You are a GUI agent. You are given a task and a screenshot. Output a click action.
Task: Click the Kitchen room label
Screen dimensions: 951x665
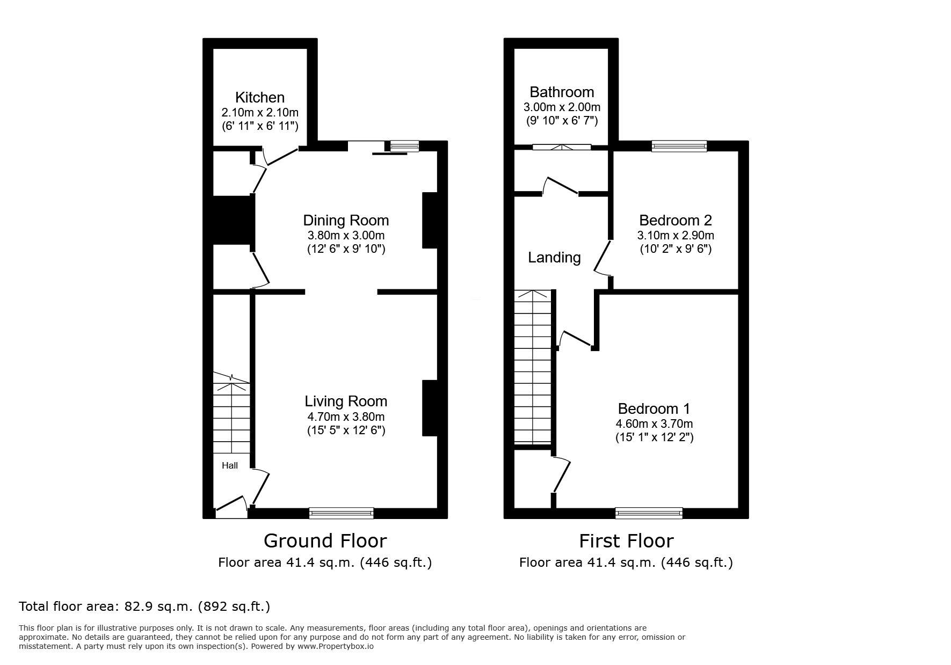click(x=260, y=98)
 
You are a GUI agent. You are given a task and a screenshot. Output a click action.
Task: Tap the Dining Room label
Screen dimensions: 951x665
click(x=346, y=221)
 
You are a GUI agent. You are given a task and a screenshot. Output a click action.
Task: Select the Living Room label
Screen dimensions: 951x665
click(x=346, y=401)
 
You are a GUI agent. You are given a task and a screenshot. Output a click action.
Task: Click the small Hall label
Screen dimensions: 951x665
click(x=230, y=465)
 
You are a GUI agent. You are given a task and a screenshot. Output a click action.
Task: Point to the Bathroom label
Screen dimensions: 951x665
click(x=562, y=92)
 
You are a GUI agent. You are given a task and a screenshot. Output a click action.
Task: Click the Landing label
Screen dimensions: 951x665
click(x=554, y=258)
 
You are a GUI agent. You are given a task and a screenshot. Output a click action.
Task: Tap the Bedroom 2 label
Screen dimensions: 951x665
click(x=676, y=221)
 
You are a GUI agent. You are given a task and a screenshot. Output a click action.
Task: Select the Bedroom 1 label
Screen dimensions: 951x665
click(x=654, y=409)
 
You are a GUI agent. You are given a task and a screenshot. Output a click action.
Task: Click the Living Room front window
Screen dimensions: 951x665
click(x=342, y=513)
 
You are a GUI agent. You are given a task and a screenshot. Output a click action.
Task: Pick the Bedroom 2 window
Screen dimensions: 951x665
click(x=679, y=146)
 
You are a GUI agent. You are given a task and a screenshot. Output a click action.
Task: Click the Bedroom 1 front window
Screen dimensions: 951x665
click(x=649, y=513)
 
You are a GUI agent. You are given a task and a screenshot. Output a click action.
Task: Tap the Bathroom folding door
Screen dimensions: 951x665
click(x=562, y=147)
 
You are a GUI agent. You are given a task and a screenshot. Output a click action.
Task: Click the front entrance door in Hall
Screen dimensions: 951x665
click(x=231, y=507)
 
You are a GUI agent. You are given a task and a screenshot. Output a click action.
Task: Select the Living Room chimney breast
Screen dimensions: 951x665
click(x=430, y=408)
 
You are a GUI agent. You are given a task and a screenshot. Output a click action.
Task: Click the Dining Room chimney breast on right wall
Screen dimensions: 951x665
click(x=430, y=220)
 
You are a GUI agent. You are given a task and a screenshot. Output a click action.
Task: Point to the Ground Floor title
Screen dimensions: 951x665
click(x=325, y=540)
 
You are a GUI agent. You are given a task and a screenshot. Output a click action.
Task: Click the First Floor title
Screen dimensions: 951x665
click(x=626, y=540)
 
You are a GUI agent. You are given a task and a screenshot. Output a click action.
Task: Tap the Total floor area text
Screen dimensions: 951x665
click(x=144, y=606)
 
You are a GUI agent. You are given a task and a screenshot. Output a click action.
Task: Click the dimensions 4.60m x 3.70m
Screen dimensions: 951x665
click(x=654, y=424)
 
